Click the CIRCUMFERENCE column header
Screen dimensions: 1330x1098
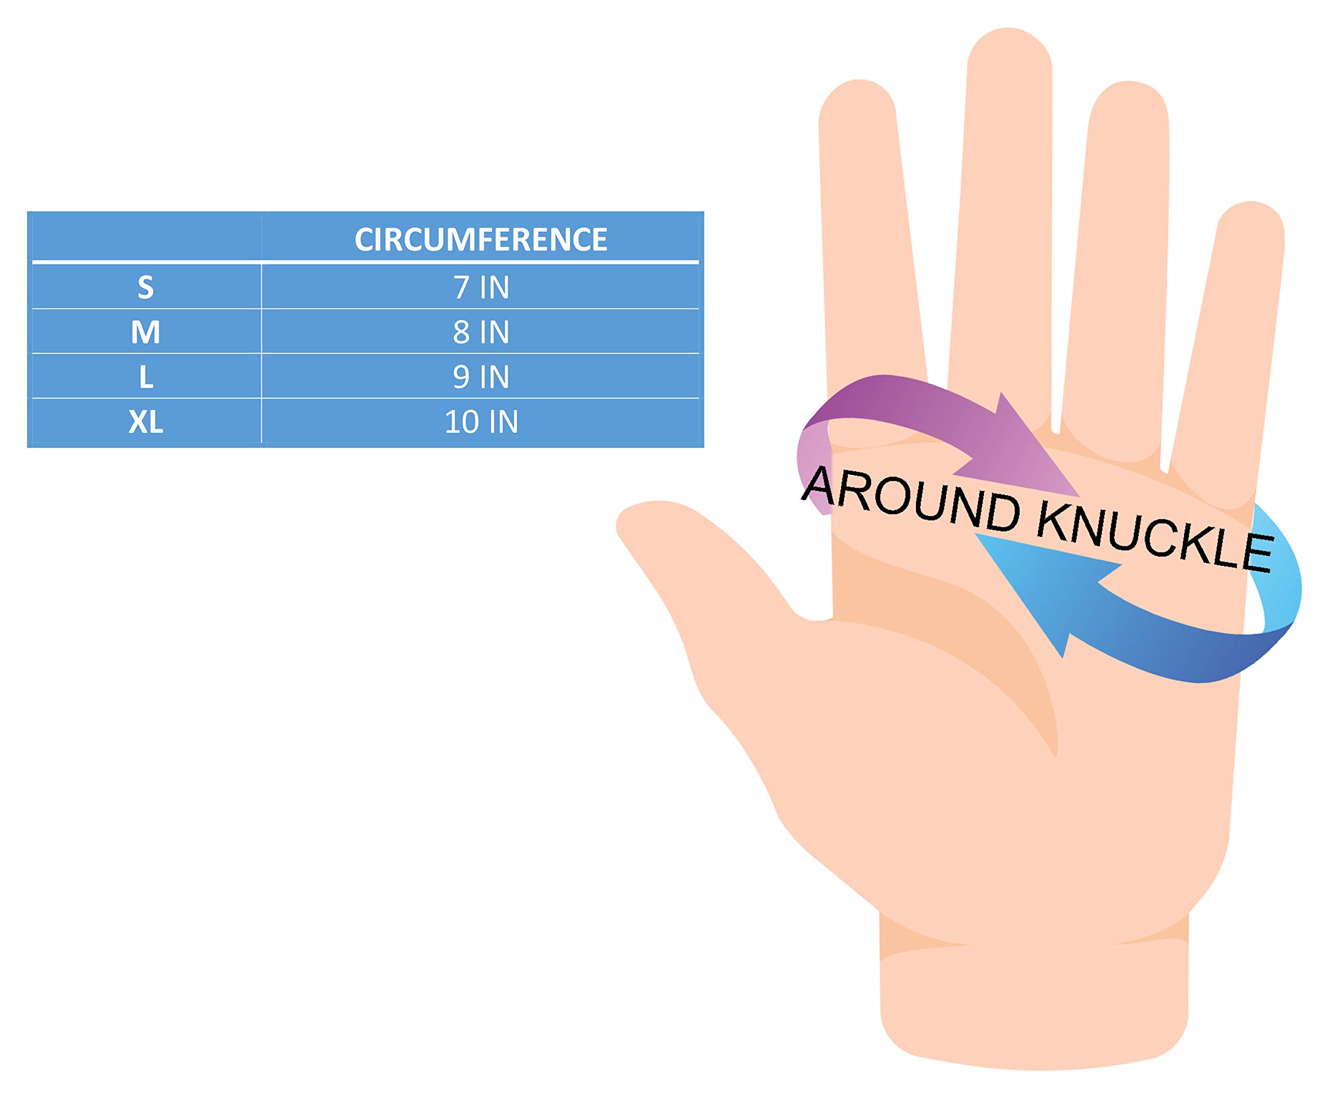[480, 240]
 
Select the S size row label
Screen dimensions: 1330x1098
[145, 287]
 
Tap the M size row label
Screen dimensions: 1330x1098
[145, 332]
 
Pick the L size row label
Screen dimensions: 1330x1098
[145, 377]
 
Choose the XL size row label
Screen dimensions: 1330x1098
[145, 422]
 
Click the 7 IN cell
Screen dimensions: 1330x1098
[480, 287]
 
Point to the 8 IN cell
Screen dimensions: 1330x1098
[480, 332]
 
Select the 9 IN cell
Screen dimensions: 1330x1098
[480, 377]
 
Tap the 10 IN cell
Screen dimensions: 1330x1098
[480, 422]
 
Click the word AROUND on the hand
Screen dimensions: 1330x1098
[911, 500]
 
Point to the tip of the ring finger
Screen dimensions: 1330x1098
[1129, 95]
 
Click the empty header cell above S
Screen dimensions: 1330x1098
[145, 237]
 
